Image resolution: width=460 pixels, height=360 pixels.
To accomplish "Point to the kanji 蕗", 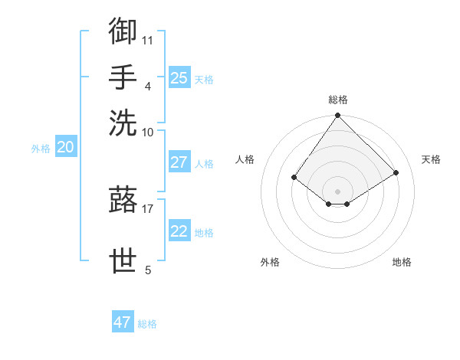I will [x=123, y=200].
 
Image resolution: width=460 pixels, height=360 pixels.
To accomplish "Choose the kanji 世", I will [x=123, y=260].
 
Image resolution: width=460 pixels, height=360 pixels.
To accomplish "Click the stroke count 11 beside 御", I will [x=148, y=39].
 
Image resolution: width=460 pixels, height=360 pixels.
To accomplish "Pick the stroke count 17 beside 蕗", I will [x=148, y=208].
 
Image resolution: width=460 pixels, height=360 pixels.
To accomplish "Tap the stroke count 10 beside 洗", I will [x=148, y=131].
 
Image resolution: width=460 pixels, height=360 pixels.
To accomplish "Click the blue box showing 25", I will [x=179, y=78].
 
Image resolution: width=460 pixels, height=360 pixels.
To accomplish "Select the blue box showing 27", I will [x=179, y=162].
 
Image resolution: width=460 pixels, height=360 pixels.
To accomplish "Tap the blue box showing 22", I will [x=179, y=231].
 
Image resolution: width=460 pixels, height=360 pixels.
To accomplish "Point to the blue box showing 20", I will [x=65, y=148].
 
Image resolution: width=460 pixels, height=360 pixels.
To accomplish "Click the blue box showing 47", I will [x=123, y=322].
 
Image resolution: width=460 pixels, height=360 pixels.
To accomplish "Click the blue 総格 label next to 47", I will [x=148, y=324].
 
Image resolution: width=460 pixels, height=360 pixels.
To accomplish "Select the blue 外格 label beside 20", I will [x=41, y=149].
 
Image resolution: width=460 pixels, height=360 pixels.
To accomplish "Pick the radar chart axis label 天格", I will [x=431, y=159].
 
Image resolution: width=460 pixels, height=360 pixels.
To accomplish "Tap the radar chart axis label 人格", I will [x=245, y=159].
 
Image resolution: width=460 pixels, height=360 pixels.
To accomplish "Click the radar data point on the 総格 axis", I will [x=338, y=116].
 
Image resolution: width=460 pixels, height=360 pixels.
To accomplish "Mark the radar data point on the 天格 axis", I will [x=396, y=173].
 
